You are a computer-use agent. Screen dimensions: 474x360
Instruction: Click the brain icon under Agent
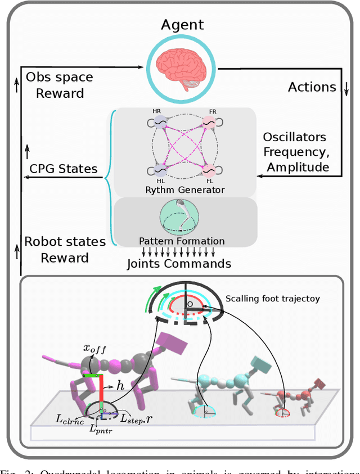(x=182, y=69)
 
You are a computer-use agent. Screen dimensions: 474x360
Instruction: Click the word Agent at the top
(x=182, y=24)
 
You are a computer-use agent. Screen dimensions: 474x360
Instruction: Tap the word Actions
(x=312, y=87)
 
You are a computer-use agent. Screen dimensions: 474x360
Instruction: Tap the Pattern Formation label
(x=182, y=241)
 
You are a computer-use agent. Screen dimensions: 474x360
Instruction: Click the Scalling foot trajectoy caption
(x=272, y=299)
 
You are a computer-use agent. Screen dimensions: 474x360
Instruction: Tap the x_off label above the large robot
(x=94, y=349)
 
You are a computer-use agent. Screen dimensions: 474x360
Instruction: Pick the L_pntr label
(x=101, y=428)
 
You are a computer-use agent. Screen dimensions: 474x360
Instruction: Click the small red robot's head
(x=320, y=384)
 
